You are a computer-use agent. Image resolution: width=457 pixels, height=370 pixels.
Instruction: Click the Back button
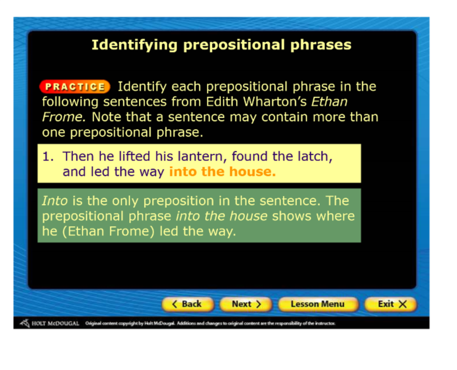[x=188, y=304]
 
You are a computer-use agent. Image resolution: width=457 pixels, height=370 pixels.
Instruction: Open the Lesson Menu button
[x=318, y=304]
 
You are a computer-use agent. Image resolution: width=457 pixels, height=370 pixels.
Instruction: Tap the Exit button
[x=391, y=304]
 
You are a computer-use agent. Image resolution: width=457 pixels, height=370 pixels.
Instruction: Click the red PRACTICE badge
[x=75, y=87]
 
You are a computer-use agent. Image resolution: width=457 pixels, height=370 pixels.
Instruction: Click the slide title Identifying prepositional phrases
[x=222, y=45]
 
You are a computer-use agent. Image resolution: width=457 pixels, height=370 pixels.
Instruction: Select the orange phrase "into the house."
[x=222, y=171]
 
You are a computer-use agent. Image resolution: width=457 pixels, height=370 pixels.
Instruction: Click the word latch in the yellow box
[x=315, y=156]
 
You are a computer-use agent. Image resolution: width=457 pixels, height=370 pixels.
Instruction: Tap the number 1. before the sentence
[x=48, y=156]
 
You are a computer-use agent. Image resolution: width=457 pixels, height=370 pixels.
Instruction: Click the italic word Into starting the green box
[x=55, y=201]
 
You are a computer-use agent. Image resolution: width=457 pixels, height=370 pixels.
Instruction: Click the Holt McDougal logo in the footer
[x=50, y=323]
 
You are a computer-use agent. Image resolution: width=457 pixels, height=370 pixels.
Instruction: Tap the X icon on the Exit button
[x=403, y=304]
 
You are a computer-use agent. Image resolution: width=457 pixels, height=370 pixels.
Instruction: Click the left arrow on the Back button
[x=175, y=304]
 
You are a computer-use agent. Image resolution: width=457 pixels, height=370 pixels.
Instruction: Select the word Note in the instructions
[x=105, y=117]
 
